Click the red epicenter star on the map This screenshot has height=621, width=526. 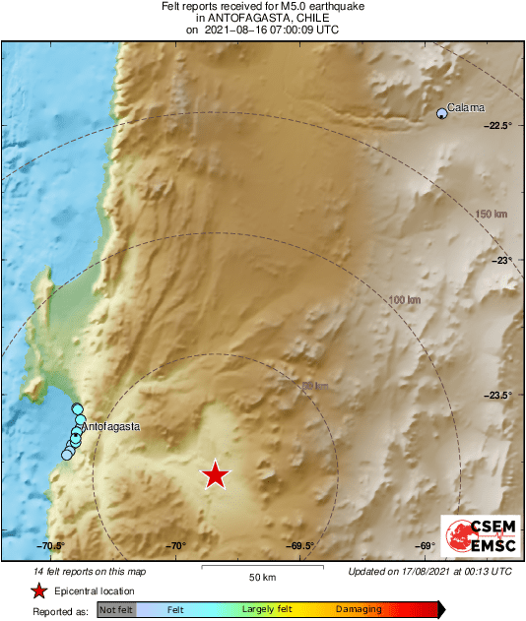(x=215, y=475)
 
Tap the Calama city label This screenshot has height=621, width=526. (x=466, y=107)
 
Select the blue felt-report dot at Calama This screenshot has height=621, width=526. (x=442, y=114)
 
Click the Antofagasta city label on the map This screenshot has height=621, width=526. (x=110, y=427)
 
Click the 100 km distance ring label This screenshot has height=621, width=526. (x=406, y=299)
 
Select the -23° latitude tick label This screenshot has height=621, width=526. (x=502, y=260)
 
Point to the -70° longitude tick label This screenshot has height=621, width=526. (x=175, y=546)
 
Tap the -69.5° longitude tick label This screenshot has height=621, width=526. (x=300, y=546)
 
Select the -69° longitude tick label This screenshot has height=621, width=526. (x=425, y=546)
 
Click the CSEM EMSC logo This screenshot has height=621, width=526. (x=477, y=534)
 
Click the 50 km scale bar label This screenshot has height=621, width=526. (x=261, y=577)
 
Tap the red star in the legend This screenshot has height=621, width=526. (x=38, y=590)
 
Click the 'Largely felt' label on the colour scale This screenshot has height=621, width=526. (x=265, y=610)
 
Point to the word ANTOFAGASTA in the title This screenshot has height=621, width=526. (x=261, y=18)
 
